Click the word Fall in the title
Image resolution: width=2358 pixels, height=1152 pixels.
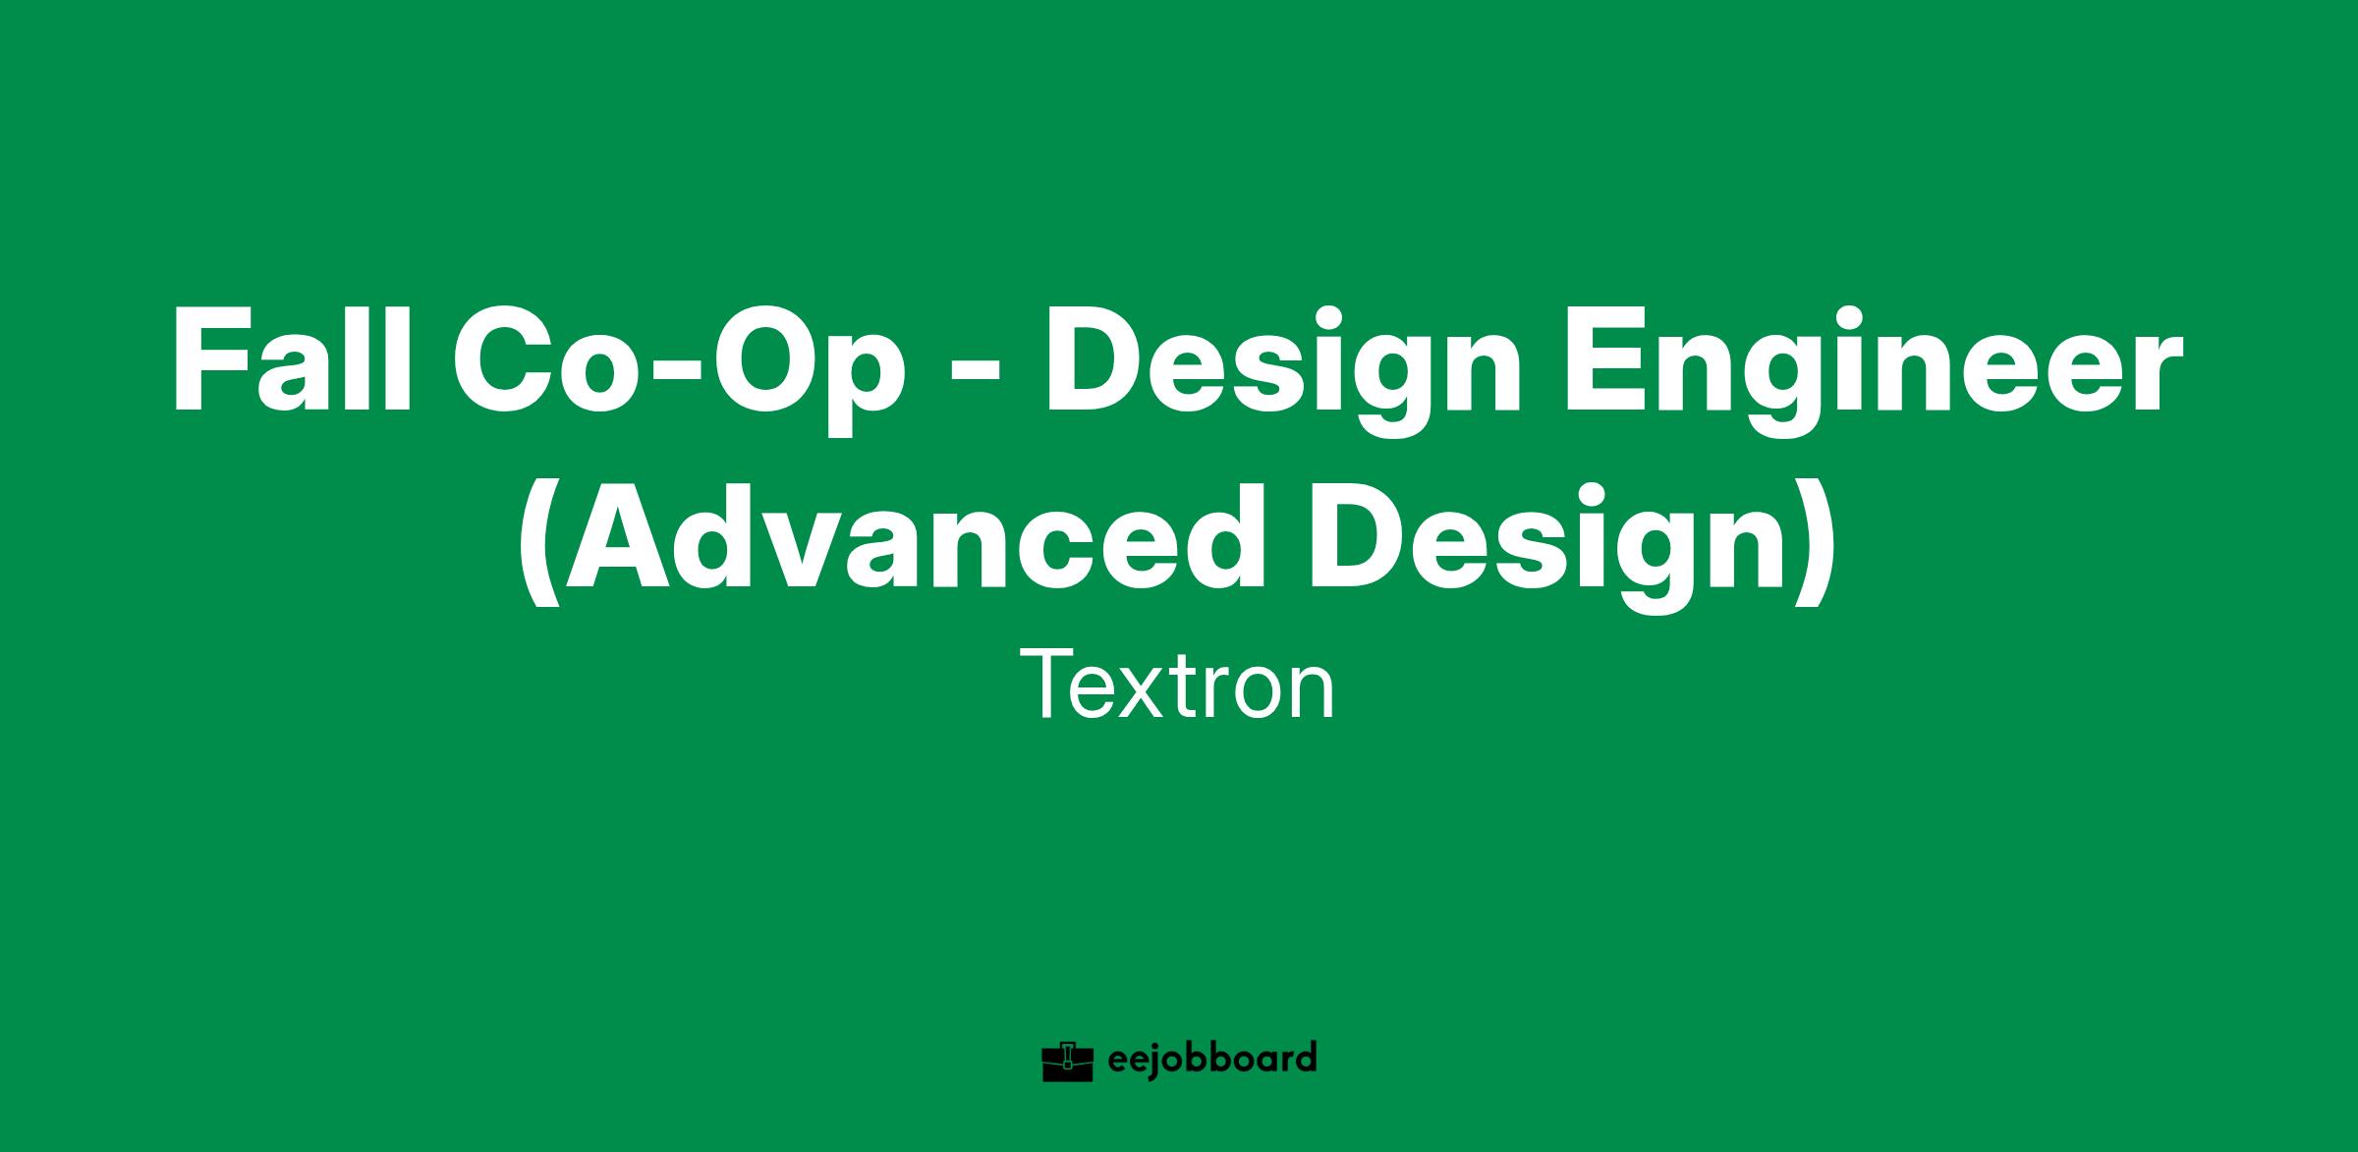click(291, 360)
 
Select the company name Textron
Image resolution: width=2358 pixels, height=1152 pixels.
click(1178, 686)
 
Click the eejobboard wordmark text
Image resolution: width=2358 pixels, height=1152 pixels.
click(1211, 1060)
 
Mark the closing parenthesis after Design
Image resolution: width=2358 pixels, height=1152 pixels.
click(1810, 546)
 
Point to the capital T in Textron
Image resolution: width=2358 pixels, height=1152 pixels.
click(1047, 685)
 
